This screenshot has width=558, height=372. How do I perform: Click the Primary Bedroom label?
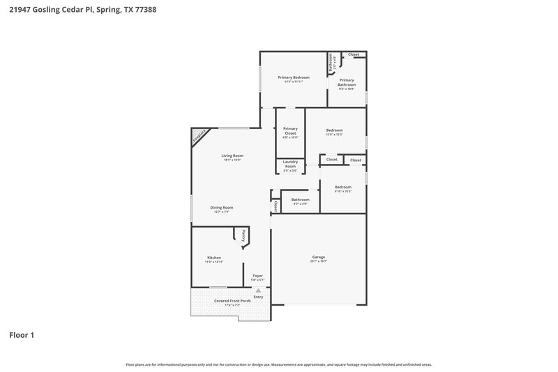pyautogui.click(x=294, y=77)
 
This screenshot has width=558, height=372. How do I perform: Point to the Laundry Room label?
pyautogui.click(x=290, y=164)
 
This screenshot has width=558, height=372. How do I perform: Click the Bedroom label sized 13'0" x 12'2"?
pyautogui.click(x=334, y=131)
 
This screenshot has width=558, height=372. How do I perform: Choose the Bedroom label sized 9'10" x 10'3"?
pyautogui.click(x=342, y=187)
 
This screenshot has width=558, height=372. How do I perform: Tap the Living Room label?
pyautogui.click(x=232, y=156)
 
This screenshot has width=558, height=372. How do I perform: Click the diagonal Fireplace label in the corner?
pyautogui.click(x=199, y=137)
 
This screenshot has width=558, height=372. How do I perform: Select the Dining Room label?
pyautogui.click(x=222, y=207)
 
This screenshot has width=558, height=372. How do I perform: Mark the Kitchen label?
pyautogui.click(x=213, y=258)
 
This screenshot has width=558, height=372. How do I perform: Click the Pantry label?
pyautogui.click(x=243, y=235)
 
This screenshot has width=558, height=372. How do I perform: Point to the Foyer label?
pyautogui.click(x=257, y=276)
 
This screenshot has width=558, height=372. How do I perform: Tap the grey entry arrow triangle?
pyautogui.click(x=258, y=290)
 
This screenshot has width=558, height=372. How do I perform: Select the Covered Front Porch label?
pyautogui.click(x=232, y=301)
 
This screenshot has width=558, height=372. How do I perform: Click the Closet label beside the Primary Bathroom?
pyautogui.click(x=354, y=54)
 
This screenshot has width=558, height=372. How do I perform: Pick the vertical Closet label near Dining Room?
pyautogui.click(x=276, y=206)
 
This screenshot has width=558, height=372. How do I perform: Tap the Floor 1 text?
pyautogui.click(x=21, y=335)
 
